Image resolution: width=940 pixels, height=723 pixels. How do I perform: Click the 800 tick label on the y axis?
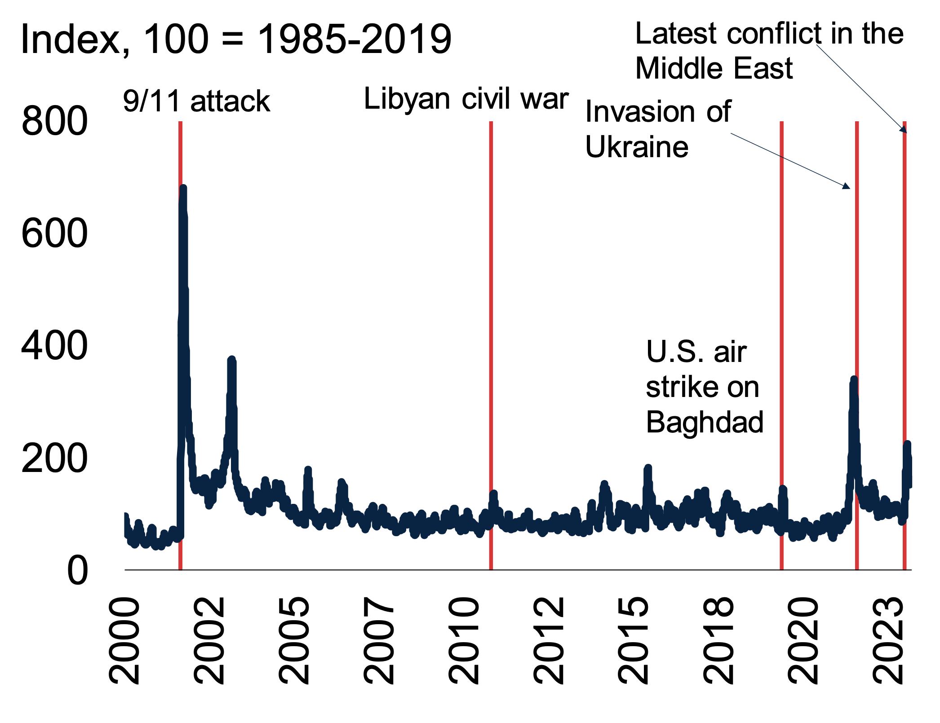tap(54, 121)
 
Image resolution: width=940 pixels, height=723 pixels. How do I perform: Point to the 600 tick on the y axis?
tap(54, 234)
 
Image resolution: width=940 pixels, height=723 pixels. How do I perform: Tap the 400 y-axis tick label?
tap(54, 346)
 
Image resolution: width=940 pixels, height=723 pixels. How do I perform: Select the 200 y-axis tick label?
tap(54, 458)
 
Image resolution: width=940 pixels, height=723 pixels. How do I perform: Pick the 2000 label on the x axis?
tap(124, 640)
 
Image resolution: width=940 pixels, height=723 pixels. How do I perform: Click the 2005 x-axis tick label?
tap(294, 640)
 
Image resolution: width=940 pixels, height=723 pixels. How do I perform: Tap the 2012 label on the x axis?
tap(549, 640)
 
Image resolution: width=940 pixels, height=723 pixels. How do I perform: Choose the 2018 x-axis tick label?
tap(718, 640)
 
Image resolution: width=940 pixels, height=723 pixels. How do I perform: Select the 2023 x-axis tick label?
tap(888, 640)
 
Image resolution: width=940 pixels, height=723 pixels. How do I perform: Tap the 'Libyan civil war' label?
tap(466, 98)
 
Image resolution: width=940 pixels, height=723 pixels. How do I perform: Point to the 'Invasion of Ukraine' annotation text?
tap(658, 129)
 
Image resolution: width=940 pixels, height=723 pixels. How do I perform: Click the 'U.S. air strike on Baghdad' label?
tap(705, 387)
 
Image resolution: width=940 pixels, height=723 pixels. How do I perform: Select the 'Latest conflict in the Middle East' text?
tap(769, 51)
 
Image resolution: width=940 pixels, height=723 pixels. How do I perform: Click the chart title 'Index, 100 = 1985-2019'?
tap(236, 40)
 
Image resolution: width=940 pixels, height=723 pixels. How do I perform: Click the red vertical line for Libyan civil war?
tap(491, 314)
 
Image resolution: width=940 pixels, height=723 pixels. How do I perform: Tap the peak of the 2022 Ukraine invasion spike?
tap(854, 379)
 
